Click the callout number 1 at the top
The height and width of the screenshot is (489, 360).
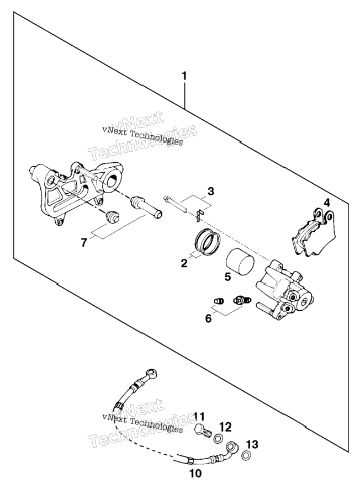pos(184,76)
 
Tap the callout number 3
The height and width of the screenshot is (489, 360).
pos(211,191)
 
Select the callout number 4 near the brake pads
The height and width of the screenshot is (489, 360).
pos(326,203)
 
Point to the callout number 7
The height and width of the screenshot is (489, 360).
pos(83,243)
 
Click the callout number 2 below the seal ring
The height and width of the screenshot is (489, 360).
pos(184,263)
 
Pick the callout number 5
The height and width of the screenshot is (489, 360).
pos(227,277)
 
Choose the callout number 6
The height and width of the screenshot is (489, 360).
pos(208,318)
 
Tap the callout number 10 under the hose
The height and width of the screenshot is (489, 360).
pos(195,474)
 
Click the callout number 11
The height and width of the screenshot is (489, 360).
pos(200,416)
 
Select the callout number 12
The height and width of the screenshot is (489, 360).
pos(225,427)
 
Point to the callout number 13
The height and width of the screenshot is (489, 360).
pos(252,444)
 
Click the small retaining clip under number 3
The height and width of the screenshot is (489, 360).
pos(198,215)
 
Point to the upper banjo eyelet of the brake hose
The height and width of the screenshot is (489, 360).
pos(152,373)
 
